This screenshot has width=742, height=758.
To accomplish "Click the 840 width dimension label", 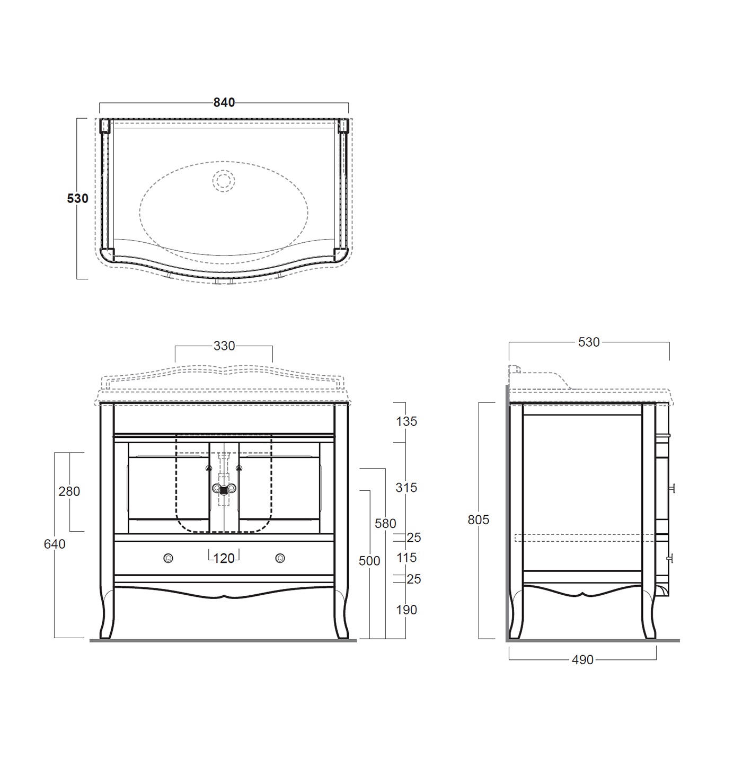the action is (224, 102).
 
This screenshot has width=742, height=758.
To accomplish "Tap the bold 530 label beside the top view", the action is (77, 199).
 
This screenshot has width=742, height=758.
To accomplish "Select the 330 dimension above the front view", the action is (224, 346).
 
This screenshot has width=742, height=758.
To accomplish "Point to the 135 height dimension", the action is (406, 421).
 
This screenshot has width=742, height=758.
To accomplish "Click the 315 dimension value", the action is (406, 487).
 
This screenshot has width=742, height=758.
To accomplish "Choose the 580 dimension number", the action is (385, 523).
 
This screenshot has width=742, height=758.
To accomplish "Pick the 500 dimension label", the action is (369, 560).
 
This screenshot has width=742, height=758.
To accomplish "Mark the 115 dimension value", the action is (406, 558).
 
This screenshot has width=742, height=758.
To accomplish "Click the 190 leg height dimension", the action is (406, 610).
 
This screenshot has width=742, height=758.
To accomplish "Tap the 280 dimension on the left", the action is (69, 491).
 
